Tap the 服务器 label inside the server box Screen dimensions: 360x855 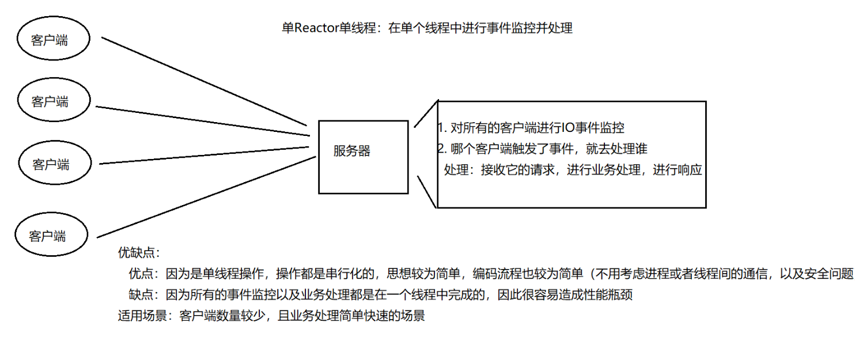click(x=352, y=151)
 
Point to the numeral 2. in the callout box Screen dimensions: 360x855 click(x=442, y=149)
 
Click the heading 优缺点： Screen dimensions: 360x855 click(x=138, y=253)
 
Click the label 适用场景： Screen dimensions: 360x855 click(x=145, y=316)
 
